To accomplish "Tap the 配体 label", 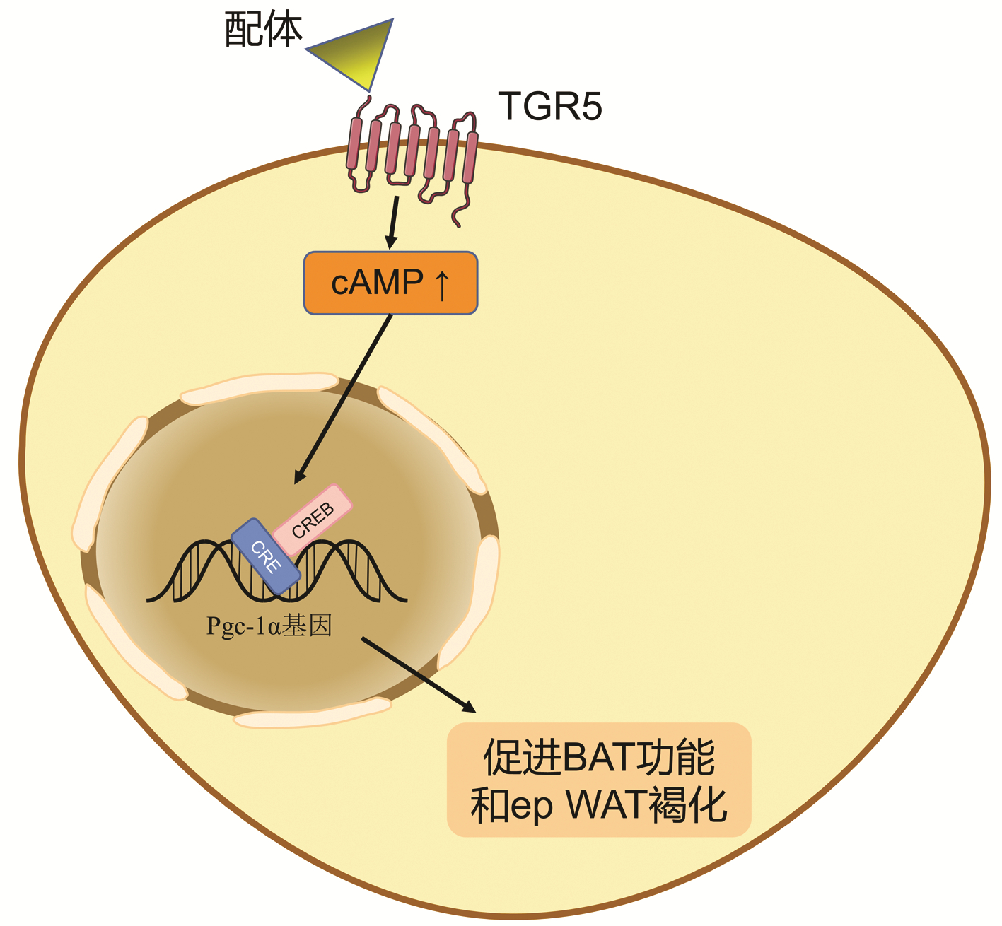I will coord(263,30).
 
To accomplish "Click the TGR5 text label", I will coord(550,106).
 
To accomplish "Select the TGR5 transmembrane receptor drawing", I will coord(412,152).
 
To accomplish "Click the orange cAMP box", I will coord(390,283).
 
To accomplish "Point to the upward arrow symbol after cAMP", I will coord(442,283).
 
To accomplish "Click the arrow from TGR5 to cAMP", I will coord(392,222).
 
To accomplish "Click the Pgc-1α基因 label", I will coord(269,626).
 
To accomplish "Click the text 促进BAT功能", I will coord(599,758).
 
